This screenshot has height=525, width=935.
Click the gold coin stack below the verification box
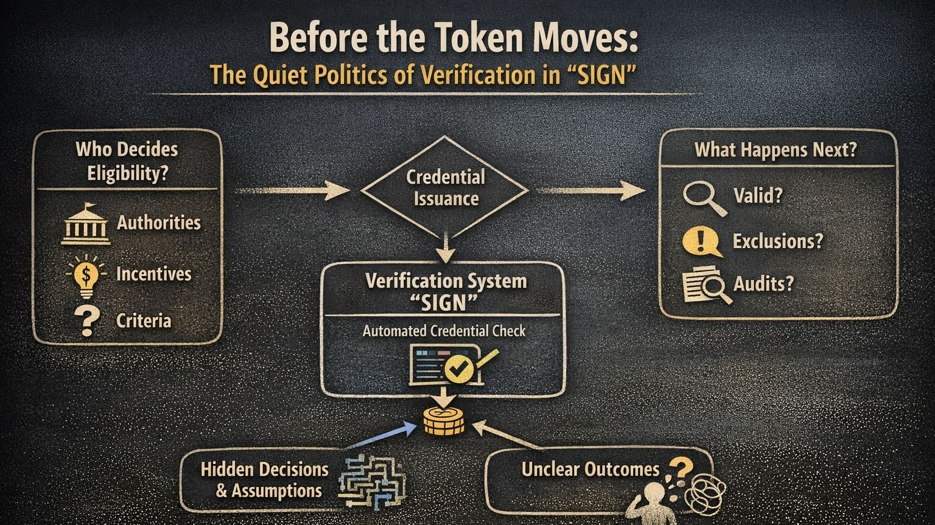[444, 421]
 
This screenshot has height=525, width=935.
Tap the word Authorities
[159, 223]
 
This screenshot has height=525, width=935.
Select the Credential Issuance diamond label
[446, 188]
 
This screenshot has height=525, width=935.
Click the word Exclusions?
[777, 242]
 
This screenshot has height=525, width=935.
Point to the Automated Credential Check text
[444, 332]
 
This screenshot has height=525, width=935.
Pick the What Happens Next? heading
[776, 150]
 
